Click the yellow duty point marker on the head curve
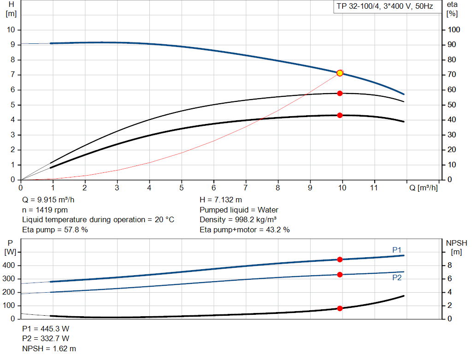(340, 73)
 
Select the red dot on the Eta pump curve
(340, 93)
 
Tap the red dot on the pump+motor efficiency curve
(340, 115)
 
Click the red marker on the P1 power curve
(340, 260)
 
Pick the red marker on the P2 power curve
(340, 275)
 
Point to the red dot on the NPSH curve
(340, 308)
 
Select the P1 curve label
(397, 250)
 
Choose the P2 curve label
(397, 278)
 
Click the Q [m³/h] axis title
(424, 188)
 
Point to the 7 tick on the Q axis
(246, 188)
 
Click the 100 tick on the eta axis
(454, 30)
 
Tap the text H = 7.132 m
(220, 200)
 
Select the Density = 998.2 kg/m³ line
(238, 219)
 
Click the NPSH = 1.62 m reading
(49, 348)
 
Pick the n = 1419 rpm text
(45, 210)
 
